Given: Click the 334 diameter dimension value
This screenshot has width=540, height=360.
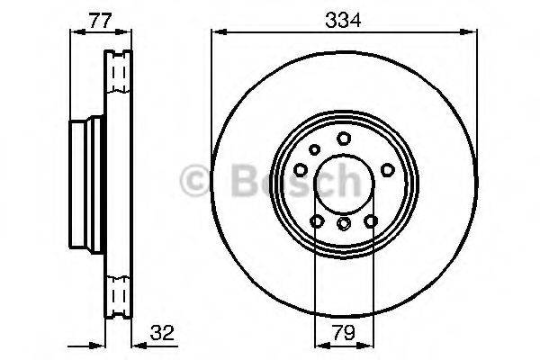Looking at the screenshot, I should (343, 18).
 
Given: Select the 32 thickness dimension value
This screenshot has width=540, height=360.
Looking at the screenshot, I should (162, 333).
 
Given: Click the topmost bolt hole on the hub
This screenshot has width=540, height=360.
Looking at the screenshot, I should (344, 138).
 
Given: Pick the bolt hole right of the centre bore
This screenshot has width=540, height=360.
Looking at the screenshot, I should (386, 169).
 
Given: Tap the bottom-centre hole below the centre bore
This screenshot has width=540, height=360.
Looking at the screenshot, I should (344, 223).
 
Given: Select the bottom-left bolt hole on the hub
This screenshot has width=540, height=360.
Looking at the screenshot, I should (317, 220).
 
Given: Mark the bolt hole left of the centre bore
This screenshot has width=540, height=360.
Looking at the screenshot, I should (301, 169).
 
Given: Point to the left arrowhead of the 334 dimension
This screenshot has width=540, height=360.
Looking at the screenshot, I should (216, 32).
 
